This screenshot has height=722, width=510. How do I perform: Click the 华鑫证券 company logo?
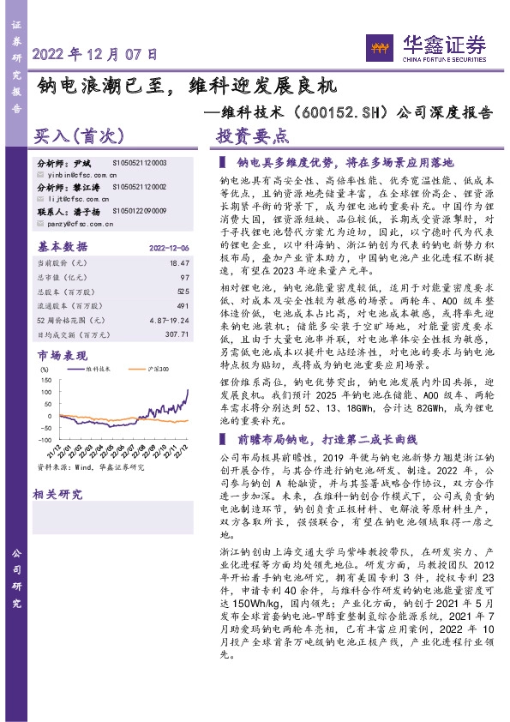[426, 45]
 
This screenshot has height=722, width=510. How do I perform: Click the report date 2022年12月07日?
[95, 54]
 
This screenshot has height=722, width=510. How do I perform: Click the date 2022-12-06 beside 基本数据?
[169, 246]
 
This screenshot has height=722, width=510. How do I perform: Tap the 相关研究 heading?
[57, 494]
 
